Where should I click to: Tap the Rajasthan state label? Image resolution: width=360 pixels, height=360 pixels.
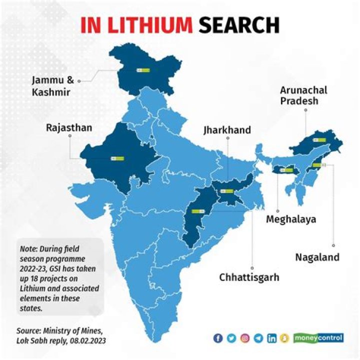pyautogui.click(x=69, y=128)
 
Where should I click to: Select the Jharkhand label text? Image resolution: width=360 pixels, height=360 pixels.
pyautogui.click(x=226, y=130)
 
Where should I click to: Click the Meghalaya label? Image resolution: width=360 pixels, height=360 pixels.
pyautogui.click(x=291, y=219)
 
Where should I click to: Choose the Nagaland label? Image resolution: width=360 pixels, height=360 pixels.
pyautogui.click(x=317, y=257)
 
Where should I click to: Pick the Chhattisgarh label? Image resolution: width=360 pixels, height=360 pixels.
pyautogui.click(x=249, y=276)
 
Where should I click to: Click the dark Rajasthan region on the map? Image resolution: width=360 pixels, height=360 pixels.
pyautogui.click(x=120, y=155)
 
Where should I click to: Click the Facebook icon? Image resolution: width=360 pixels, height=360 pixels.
pyautogui.click(x=217, y=338)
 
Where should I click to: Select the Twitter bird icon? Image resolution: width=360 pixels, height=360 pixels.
pyautogui.click(x=231, y=338)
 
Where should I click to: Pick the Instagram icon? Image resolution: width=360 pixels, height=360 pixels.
pyautogui.click(x=244, y=338)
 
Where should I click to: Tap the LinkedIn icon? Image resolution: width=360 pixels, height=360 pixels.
pyautogui.click(x=271, y=338)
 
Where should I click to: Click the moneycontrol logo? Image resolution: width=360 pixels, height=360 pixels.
pyautogui.click(x=318, y=338)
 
